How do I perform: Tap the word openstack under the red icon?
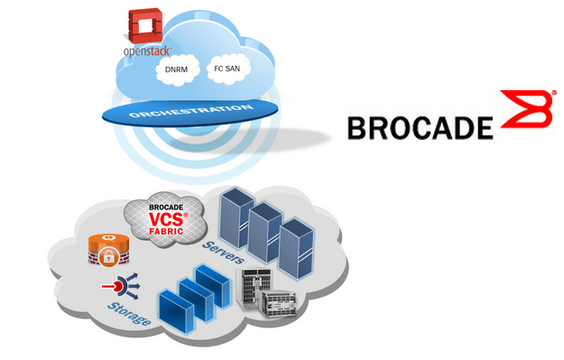[x=145, y=51]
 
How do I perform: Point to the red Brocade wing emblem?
[x=522, y=114]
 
